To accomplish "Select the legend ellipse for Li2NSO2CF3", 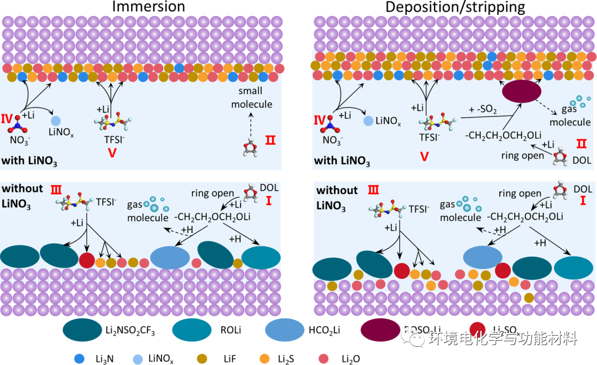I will (x=81, y=330).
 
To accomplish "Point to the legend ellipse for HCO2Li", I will (x=288, y=330).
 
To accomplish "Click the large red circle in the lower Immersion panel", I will (x=87, y=261).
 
